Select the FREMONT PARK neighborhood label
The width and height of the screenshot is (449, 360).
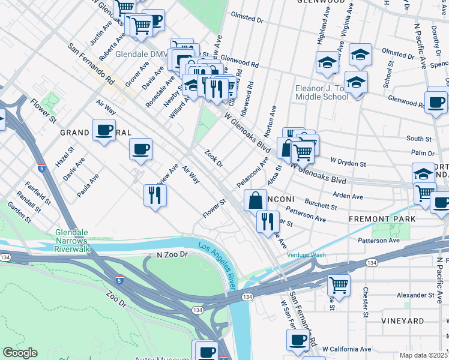[382, 220]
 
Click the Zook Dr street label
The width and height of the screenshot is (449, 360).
[214, 159]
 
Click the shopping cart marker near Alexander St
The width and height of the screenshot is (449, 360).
[339, 284]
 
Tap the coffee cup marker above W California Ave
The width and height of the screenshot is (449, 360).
[297, 340]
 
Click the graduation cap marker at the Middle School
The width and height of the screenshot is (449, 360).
[356, 82]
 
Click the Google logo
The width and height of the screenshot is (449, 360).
[20, 353]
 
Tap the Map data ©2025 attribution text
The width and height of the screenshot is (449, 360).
[424, 355]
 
